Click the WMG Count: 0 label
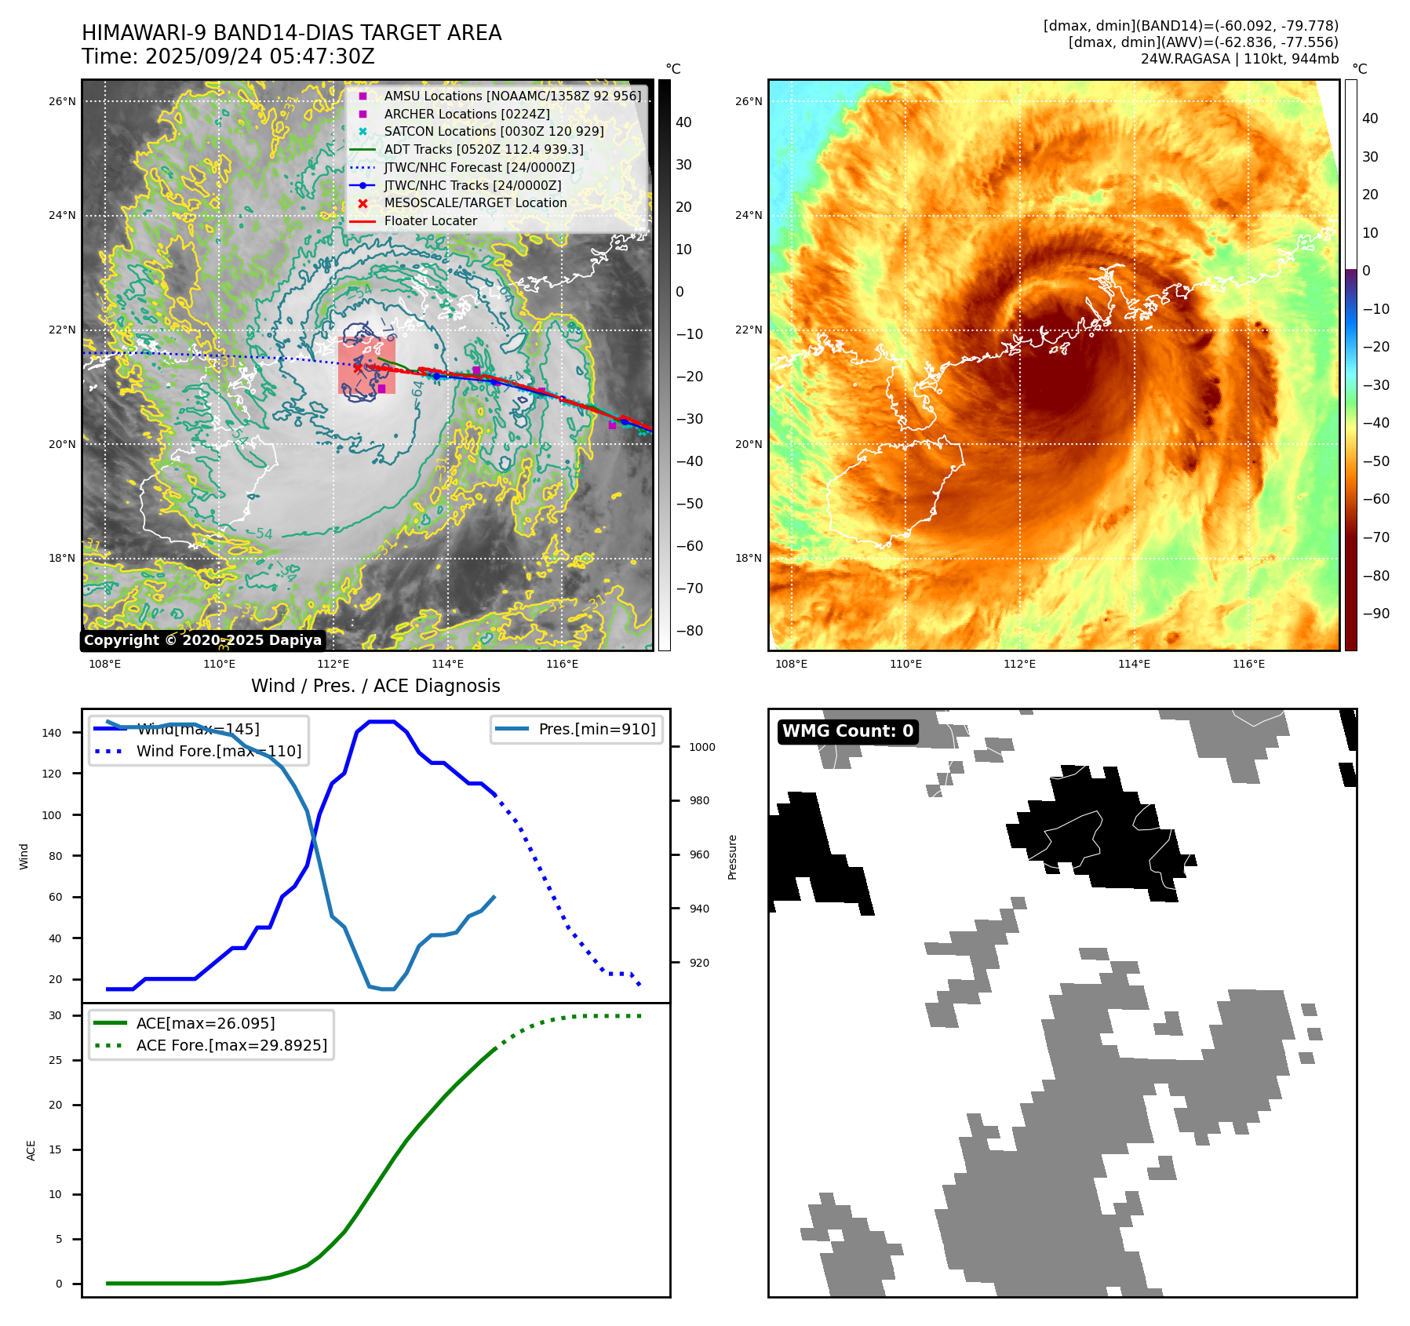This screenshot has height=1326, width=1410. pos(847,731)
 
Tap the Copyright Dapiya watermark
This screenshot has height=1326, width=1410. pos(202,640)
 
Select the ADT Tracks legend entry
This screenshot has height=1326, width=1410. pos(483,149)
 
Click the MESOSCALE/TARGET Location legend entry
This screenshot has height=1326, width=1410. pos(475,202)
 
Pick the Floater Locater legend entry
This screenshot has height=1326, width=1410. pos(430,220)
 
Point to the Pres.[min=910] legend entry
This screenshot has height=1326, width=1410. pos(596,729)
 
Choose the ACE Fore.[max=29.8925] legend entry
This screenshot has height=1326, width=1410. pos(231,1045)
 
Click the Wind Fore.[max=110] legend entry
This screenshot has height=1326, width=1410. pos(218,751)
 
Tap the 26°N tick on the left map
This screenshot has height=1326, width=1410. pos(63,101)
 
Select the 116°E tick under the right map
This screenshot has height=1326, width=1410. pos(1248,664)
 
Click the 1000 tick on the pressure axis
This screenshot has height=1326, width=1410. pos(701,747)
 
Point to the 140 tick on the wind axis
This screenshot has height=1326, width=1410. pos(52,733)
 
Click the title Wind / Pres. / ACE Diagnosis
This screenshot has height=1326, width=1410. pos(375,686)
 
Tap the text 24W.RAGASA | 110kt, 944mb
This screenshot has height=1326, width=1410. pos(1239,59)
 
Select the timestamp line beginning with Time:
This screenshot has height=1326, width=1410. pos(228,56)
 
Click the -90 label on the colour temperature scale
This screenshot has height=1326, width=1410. pos(1375,614)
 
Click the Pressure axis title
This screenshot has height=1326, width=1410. pos(732,857)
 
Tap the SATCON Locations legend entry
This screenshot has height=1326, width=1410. pos(494,131)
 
